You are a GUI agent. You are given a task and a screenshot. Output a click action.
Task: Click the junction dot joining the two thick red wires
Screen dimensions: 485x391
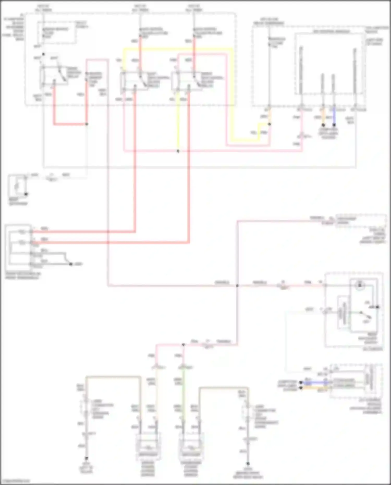click(87, 124)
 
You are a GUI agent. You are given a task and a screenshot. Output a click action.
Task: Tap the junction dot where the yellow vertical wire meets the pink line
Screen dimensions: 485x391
click(178, 151)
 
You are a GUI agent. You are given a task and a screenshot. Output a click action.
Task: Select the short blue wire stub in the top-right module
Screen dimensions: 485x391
click(334, 116)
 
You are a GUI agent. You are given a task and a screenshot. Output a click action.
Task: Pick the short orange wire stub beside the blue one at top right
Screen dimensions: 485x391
click(323, 116)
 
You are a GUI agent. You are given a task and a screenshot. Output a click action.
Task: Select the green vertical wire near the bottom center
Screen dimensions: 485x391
click(184, 391)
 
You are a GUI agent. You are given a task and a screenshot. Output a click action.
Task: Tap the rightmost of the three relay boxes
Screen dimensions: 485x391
click(186, 81)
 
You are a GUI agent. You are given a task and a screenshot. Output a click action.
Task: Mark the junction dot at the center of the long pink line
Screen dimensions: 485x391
click(237, 286)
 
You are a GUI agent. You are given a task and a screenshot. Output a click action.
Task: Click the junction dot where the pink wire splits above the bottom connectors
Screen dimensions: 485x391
click(184, 345)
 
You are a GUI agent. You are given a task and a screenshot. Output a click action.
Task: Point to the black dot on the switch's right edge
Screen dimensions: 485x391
click(377, 307)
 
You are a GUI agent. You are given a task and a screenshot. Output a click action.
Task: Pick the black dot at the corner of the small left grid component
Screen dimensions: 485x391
click(26, 194)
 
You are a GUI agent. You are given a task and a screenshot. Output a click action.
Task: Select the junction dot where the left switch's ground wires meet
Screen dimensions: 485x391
click(71, 264)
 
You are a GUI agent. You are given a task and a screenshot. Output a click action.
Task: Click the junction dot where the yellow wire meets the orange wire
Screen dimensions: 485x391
click(270, 124)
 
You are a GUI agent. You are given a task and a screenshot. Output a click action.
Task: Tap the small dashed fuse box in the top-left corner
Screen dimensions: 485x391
click(57, 33)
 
